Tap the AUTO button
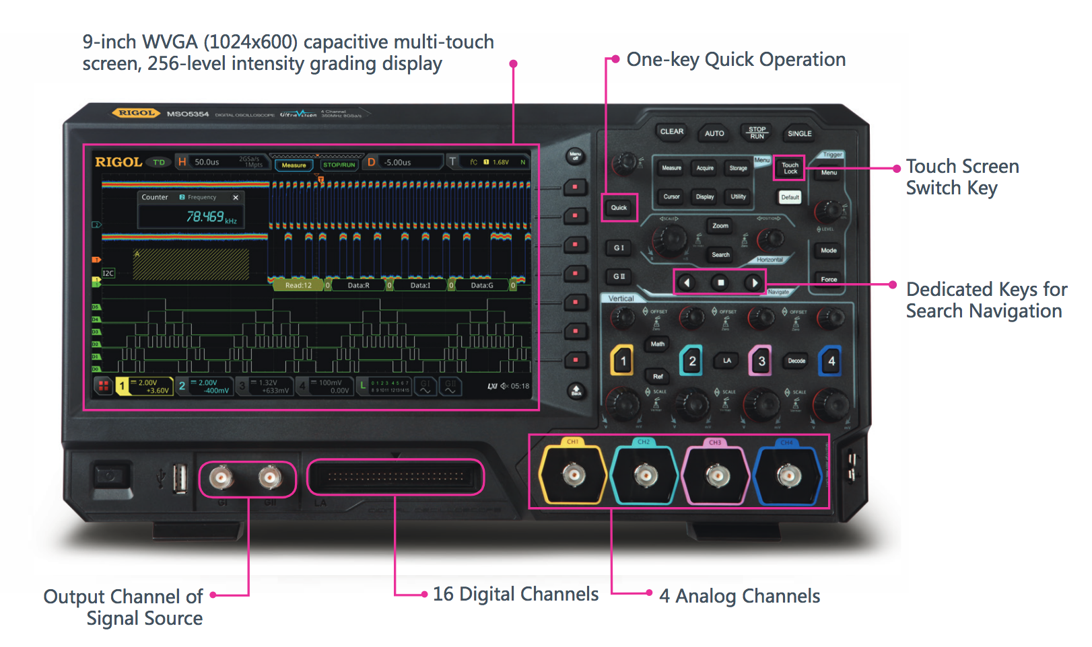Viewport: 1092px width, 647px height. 714,133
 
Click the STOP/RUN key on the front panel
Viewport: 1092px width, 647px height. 757,132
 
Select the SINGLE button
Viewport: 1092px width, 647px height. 799,133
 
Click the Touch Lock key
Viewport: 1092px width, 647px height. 790,168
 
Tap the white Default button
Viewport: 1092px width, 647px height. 790,197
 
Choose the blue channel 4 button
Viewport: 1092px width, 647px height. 831,361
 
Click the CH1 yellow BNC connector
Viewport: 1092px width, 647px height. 574,475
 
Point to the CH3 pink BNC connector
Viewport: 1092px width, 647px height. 716,475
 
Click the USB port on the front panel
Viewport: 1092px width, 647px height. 179,478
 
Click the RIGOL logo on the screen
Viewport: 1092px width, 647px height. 118,162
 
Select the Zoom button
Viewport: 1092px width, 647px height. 720,226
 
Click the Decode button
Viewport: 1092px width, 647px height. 796,361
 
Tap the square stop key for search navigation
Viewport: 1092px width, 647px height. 720,283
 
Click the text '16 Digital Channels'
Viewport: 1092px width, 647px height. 515,595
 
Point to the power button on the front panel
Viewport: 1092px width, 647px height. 108,477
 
